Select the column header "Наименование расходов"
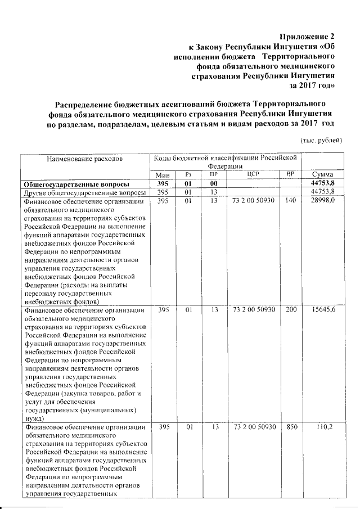(86, 160)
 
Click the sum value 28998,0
(323, 201)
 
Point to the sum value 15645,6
(323, 310)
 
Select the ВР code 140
(290, 201)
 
